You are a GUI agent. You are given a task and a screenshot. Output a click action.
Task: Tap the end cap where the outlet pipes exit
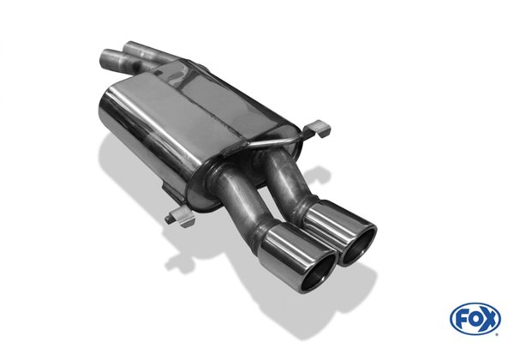point(248,159)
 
